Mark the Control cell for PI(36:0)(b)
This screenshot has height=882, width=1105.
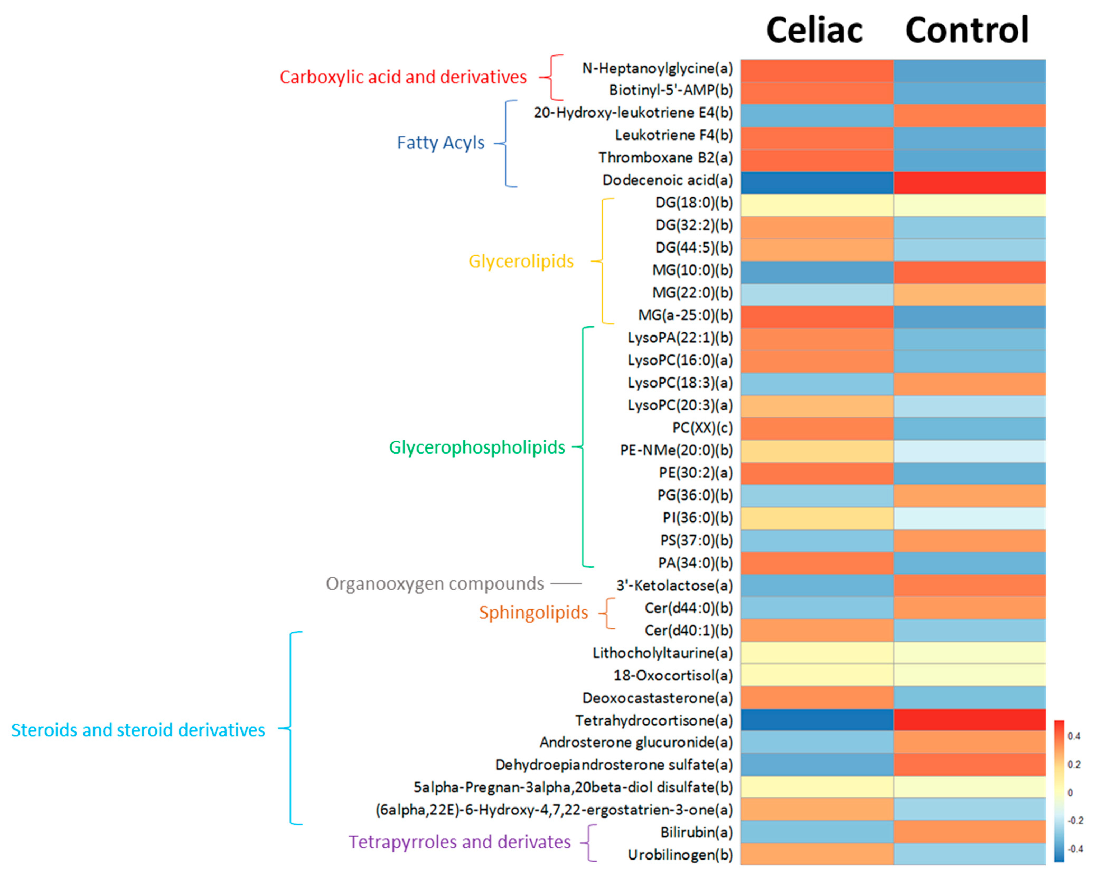click(969, 518)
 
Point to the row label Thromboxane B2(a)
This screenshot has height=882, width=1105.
click(665, 157)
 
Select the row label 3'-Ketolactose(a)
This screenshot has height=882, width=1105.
click(675, 585)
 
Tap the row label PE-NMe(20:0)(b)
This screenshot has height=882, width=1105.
click(677, 450)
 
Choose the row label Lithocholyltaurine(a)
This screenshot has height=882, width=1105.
click(663, 653)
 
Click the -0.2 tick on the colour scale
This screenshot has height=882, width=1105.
click(1075, 820)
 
